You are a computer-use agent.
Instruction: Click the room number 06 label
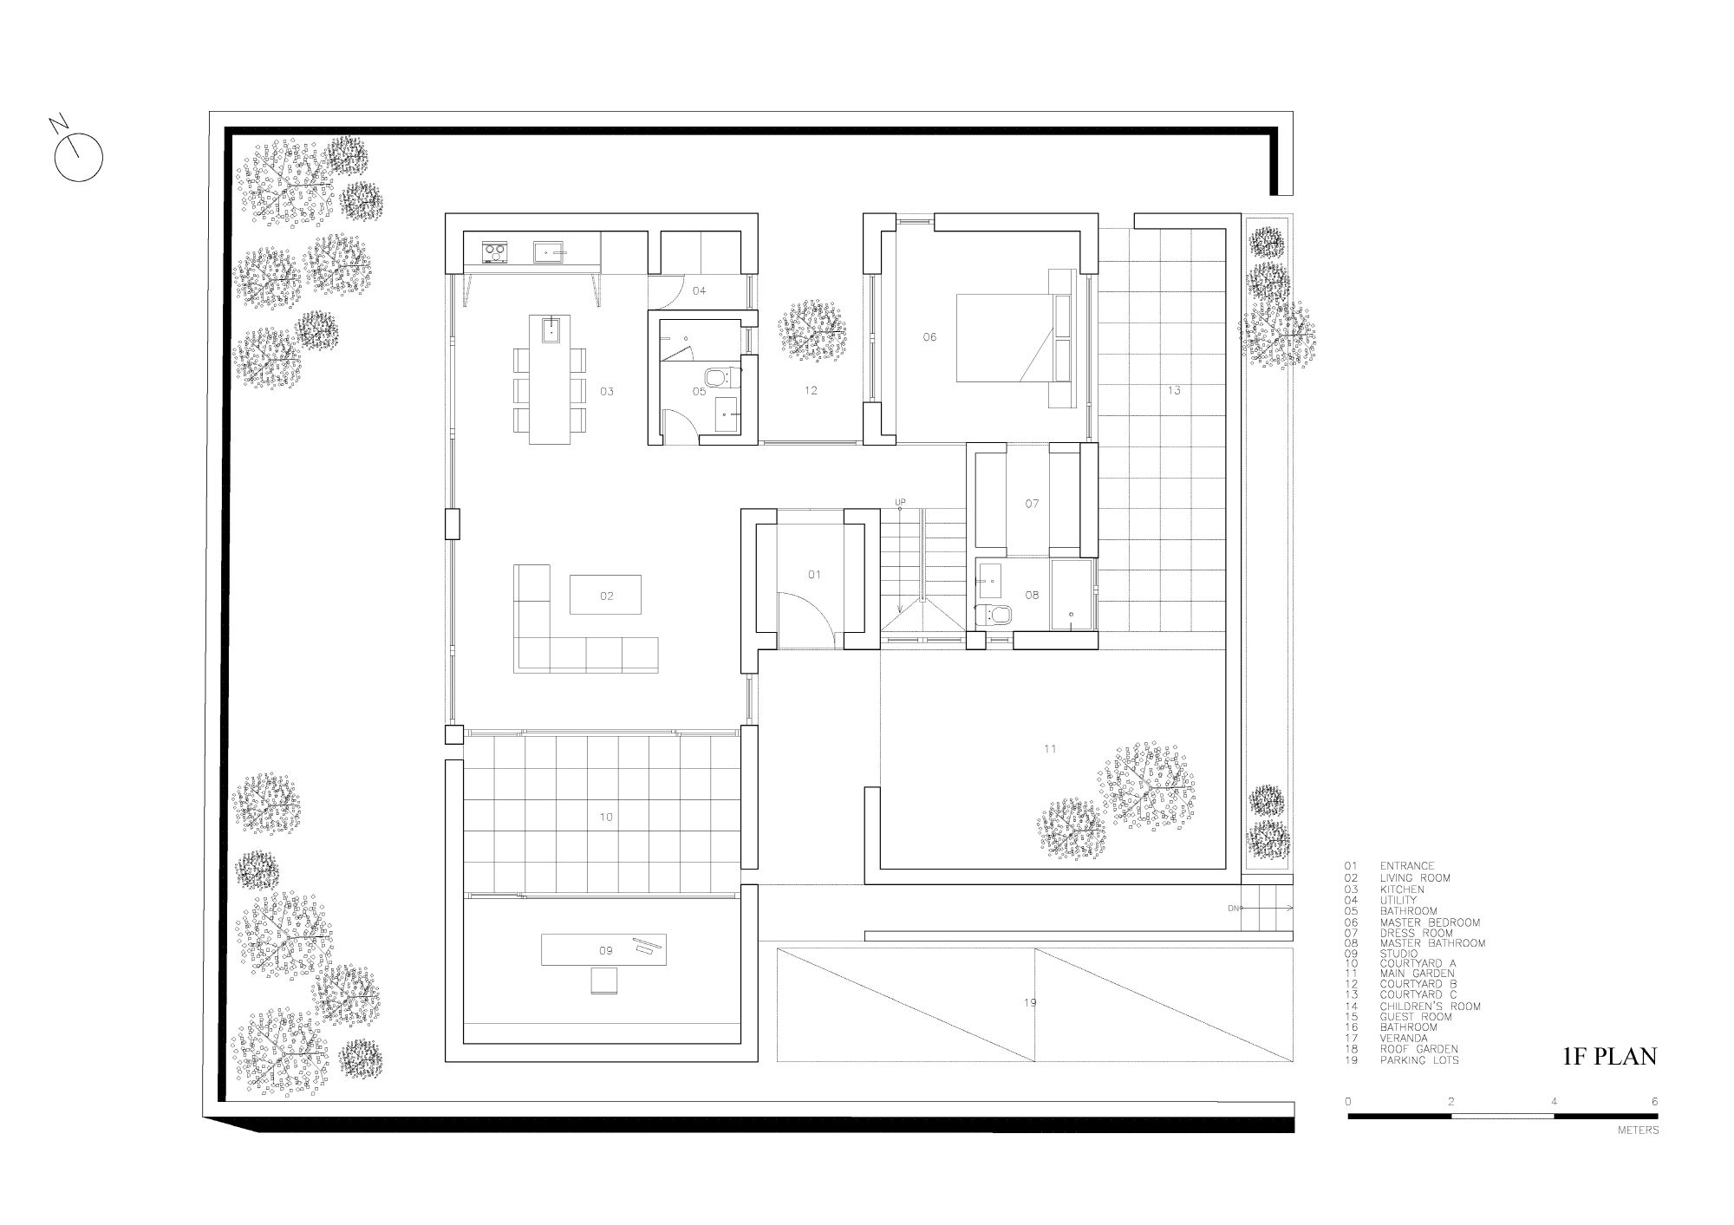pos(929,337)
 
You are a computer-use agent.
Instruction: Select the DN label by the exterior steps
pos(1233,908)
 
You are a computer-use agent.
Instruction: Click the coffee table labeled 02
pos(605,595)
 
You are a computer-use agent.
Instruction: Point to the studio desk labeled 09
pos(605,949)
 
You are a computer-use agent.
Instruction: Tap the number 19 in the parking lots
pos(1030,1003)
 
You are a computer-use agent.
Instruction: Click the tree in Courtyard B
pos(812,331)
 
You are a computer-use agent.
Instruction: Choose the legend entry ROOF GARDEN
pos(1418,1049)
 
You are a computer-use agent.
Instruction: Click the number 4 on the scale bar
pos(1554,1102)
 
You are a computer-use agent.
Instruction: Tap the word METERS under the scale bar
pos(1638,1131)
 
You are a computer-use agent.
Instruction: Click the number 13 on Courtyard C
pos(1173,391)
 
